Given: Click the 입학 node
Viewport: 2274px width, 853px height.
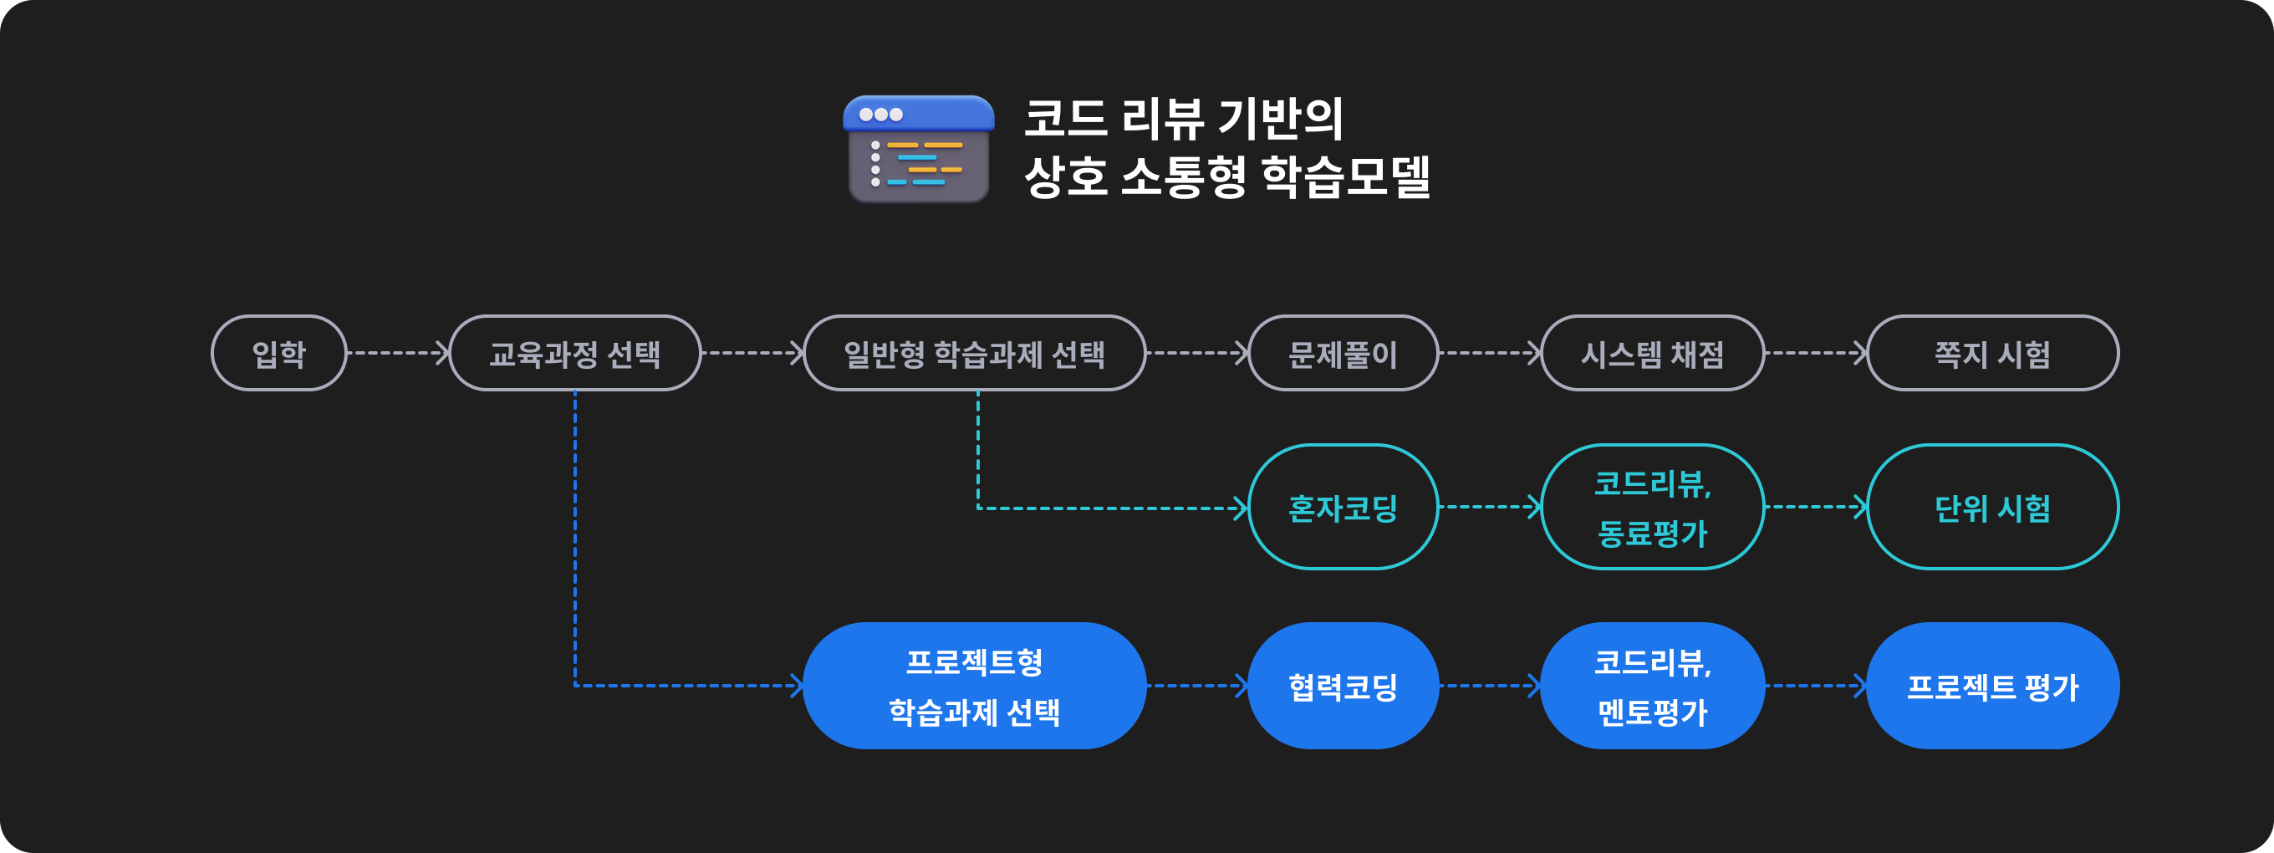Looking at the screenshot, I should coord(279,353).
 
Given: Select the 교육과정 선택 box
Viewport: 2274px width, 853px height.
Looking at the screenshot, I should coord(574,353).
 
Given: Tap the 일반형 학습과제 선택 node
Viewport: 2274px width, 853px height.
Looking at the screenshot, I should coord(974,353).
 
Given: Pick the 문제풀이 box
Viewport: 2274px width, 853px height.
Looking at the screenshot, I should coord(1343,353).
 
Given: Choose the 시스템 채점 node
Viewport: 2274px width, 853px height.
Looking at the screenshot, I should coord(1652,353).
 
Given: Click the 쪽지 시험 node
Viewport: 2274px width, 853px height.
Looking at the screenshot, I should coord(1992,353).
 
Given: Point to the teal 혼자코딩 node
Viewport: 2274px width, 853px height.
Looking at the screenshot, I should coord(1343,507).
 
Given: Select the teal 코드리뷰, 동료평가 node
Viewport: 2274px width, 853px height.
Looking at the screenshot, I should coord(1652,507).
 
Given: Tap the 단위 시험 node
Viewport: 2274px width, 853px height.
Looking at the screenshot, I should coord(1992,507).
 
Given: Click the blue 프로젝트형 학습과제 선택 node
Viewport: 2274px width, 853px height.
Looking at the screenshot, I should coord(974,686).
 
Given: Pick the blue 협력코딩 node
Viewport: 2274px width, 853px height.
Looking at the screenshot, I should coord(1343,686).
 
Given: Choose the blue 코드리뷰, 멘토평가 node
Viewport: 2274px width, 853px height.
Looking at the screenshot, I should coord(1652,686).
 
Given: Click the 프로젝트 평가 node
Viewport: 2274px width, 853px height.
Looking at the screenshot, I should coord(1992,686).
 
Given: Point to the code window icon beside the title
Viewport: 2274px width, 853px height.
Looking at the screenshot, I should coord(918,148).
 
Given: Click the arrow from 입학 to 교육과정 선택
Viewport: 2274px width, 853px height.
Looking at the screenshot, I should coord(398,353).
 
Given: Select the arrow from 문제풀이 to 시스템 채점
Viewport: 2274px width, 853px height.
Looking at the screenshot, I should coord(1489,353).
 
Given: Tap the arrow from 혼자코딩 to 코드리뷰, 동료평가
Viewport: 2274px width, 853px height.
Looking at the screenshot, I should coord(1489,507).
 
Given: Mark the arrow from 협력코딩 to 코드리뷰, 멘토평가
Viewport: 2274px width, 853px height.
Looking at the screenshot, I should coord(1489,686).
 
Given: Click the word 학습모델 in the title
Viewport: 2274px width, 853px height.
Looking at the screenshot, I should coord(1344,176).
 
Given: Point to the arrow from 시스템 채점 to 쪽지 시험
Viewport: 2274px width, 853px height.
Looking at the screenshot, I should coord(1816,353).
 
